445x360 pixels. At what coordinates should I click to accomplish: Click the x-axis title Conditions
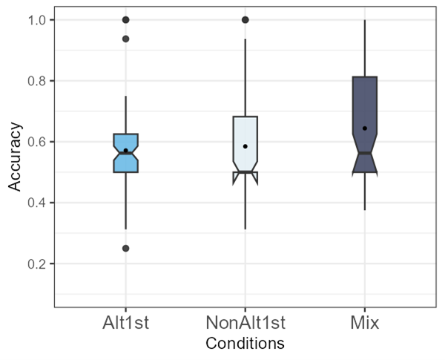click(245, 344)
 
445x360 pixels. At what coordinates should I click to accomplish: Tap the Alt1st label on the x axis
click(125, 324)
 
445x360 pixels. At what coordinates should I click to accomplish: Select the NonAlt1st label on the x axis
click(245, 324)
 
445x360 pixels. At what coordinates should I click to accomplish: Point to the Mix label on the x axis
click(364, 324)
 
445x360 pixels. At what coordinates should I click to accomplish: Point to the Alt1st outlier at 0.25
click(125, 248)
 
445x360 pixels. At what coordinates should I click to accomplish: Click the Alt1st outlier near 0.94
click(125, 39)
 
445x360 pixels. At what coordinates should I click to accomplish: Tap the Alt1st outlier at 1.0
click(125, 20)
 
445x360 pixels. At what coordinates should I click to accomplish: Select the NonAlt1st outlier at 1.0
click(245, 20)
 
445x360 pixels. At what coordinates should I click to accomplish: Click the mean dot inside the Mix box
click(364, 128)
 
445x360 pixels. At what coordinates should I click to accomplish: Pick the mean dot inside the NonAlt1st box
click(245, 146)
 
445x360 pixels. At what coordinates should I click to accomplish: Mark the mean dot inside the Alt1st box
click(125, 150)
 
